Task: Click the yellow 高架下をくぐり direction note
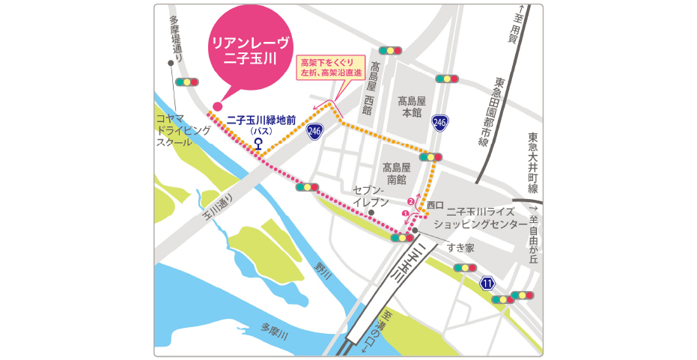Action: (331, 67)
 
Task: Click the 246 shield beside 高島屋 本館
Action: (440, 121)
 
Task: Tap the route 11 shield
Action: (487, 283)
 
